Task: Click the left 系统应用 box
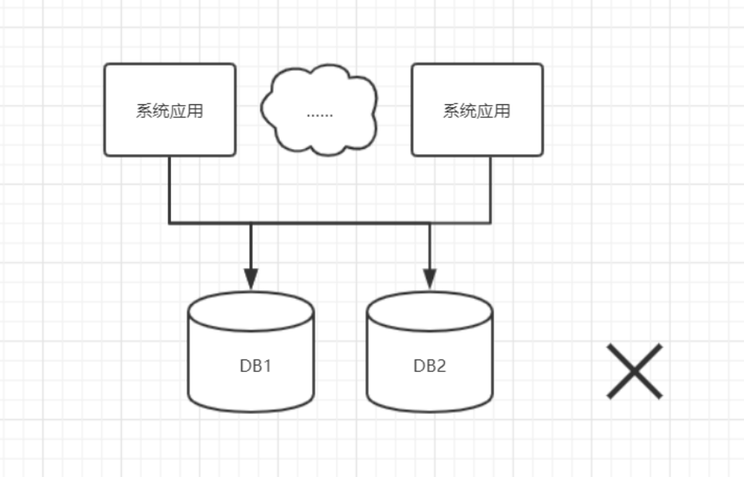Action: [170, 110]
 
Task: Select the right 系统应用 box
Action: [476, 110]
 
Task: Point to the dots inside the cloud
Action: [319, 114]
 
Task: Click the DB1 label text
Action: [255, 365]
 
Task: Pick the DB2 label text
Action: [429, 365]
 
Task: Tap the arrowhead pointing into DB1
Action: [251, 278]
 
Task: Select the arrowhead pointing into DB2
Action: [429, 278]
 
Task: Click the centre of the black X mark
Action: [635, 371]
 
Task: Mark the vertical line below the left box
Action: [170, 189]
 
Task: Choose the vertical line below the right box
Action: [490, 189]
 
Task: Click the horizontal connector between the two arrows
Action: [339, 224]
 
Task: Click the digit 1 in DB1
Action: [267, 365]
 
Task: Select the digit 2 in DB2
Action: [441, 365]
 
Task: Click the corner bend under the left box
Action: [170, 224]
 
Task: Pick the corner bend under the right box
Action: [490, 224]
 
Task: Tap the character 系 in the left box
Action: [144, 111]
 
